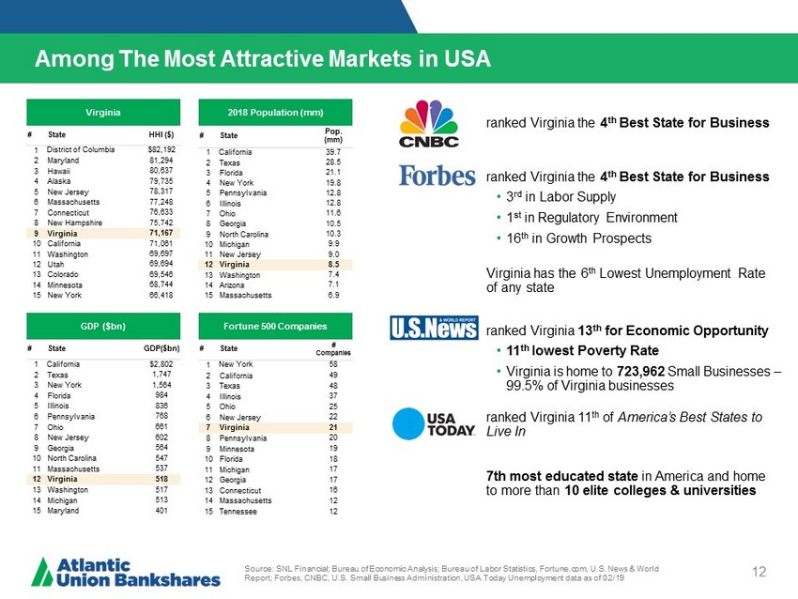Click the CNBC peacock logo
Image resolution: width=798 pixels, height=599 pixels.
coord(430,124)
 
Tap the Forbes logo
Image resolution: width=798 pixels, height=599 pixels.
coord(437,176)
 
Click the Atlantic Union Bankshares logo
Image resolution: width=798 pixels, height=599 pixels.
coord(127,572)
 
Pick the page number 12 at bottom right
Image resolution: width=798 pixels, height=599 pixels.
coord(760,572)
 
